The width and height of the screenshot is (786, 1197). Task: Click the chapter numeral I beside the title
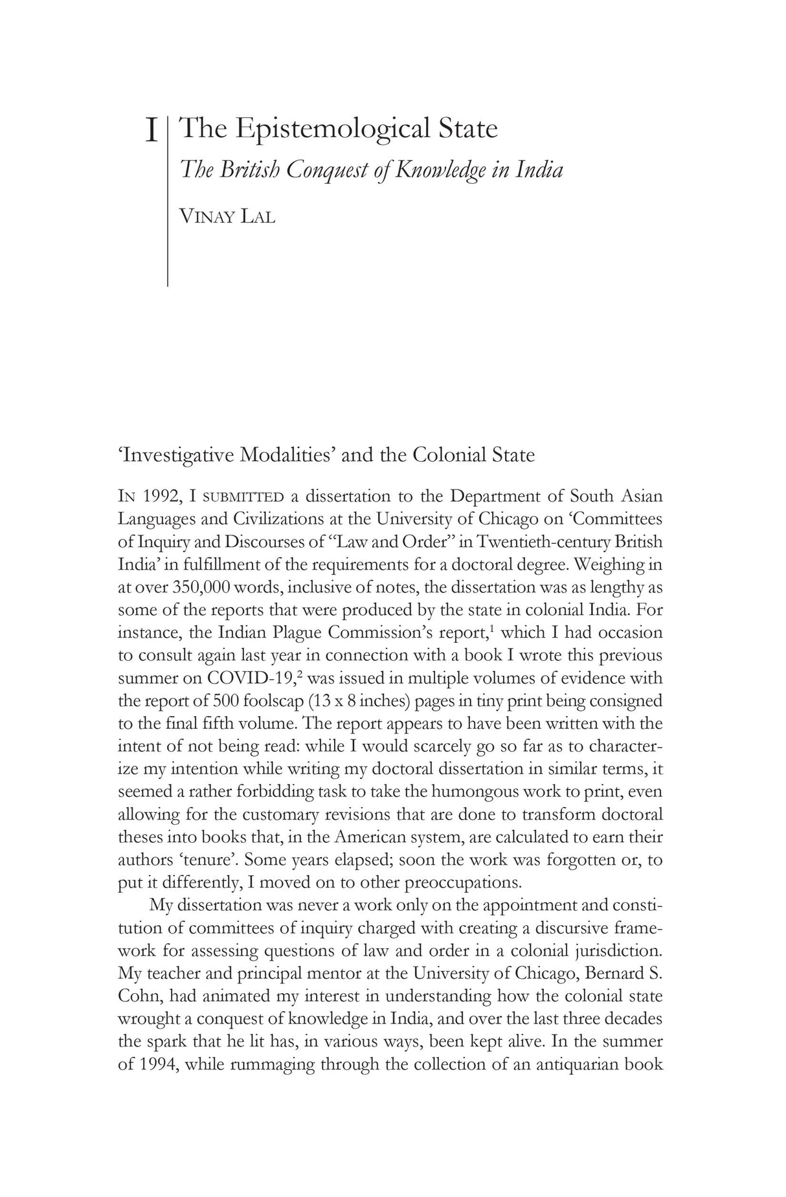[151, 131]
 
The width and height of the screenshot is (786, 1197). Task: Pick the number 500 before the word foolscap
[217, 700]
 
